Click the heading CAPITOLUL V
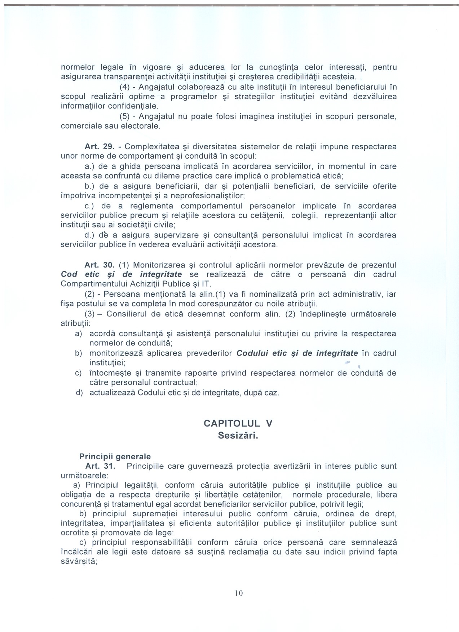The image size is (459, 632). pos(238,423)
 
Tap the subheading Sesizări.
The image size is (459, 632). pos(238,436)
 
